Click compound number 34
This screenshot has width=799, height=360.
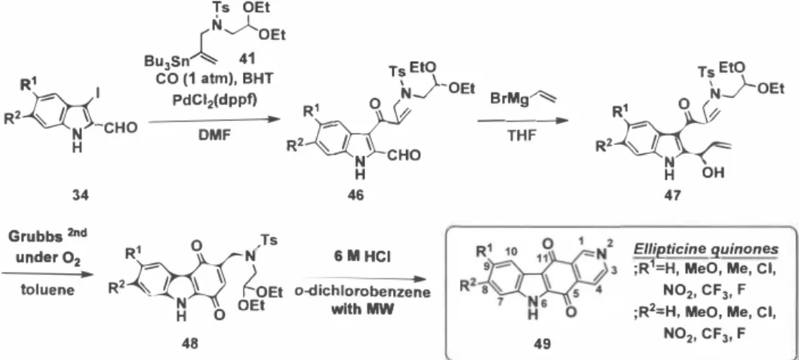click(x=81, y=195)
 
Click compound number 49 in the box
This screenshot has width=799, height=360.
click(x=542, y=344)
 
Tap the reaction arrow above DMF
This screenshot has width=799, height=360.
click(x=215, y=121)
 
